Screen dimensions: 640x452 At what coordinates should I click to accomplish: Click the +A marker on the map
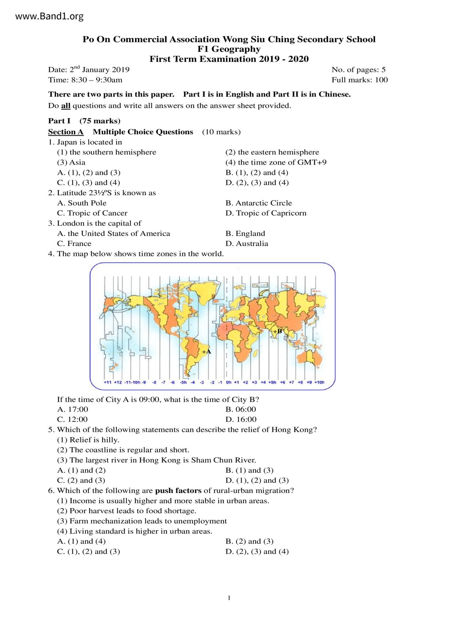207,352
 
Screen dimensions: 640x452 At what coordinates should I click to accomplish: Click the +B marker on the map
277,331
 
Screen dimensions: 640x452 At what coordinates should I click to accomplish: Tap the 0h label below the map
229,382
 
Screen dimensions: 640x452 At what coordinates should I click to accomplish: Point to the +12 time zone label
118,382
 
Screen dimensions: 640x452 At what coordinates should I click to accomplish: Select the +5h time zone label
272,382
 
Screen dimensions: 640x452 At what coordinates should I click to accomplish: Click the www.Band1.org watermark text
50,16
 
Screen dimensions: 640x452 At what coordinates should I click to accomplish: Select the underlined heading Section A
66,132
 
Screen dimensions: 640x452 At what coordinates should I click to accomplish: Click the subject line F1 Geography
229,49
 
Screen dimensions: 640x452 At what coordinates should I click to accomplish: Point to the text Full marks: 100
359,80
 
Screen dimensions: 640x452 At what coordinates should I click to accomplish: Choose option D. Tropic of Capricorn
266,213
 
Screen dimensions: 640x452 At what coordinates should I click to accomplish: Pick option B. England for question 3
245,234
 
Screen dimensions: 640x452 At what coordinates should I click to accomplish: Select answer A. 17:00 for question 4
73,409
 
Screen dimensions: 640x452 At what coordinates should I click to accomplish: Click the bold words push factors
178,491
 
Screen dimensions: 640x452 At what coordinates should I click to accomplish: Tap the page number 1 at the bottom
229,598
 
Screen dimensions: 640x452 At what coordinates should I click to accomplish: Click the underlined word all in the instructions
66,106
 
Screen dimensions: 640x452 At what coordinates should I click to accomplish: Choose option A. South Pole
82,203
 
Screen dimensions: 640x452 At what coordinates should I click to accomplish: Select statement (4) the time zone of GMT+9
276,162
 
